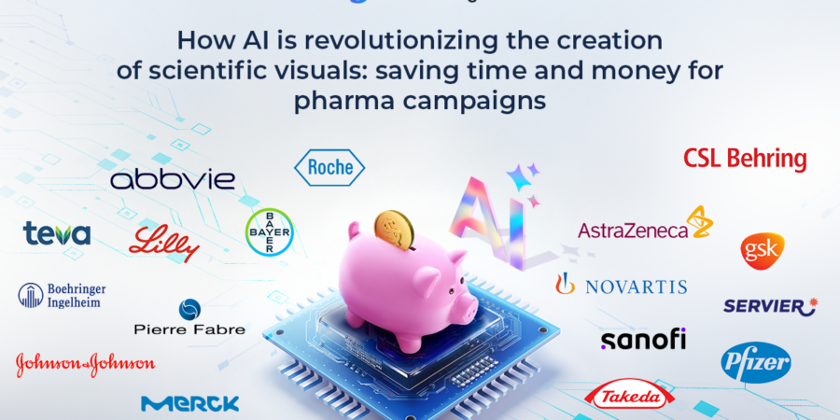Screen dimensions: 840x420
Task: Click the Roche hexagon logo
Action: (329, 168)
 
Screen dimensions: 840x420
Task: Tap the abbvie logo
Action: (173, 180)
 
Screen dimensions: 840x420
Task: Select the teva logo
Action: (57, 233)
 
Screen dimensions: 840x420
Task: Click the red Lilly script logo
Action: (163, 244)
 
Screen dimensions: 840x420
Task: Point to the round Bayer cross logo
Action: (269, 231)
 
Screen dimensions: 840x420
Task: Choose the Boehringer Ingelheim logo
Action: (62, 295)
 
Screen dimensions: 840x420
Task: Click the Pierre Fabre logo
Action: (189, 317)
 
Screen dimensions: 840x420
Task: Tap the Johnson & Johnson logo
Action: (86, 364)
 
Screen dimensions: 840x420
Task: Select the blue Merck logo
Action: (189, 403)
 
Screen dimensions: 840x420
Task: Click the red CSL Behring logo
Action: (745, 160)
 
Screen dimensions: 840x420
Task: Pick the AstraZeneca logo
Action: (646, 224)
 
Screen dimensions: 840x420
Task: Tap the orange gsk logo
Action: (763, 251)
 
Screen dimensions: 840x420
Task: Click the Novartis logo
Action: (621, 285)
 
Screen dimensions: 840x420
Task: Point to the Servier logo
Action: (770, 306)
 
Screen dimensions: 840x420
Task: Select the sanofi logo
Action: (643, 340)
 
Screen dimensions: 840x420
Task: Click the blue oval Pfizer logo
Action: (755, 363)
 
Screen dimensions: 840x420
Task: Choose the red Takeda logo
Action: (628, 397)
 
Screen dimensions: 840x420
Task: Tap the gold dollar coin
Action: (394, 231)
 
